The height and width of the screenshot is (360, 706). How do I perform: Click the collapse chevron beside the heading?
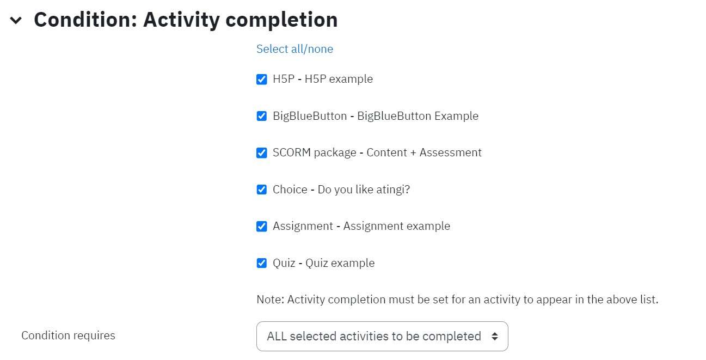(x=16, y=21)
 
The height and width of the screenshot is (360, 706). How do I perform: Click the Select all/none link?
(x=294, y=49)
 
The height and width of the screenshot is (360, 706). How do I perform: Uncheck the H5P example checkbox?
(x=262, y=79)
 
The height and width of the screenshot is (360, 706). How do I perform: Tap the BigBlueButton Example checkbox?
(x=262, y=116)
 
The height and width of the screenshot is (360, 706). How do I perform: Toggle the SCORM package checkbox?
(x=262, y=153)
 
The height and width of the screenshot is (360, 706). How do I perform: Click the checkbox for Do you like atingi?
(x=262, y=190)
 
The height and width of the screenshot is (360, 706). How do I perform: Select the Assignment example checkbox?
(x=262, y=227)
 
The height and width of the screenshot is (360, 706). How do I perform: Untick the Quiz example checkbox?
(x=262, y=263)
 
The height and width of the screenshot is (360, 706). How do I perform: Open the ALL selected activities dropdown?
(x=382, y=337)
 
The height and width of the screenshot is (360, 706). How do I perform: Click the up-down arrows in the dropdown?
(x=495, y=337)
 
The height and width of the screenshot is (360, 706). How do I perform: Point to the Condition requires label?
(x=69, y=335)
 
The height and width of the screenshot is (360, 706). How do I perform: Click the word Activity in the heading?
(x=182, y=20)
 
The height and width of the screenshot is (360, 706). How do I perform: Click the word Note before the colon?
(x=270, y=300)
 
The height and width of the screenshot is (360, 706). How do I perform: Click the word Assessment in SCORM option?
(x=450, y=152)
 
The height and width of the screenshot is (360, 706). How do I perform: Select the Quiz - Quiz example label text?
(x=324, y=263)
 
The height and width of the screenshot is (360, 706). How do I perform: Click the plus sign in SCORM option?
(x=413, y=153)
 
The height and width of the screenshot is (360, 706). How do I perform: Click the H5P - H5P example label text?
(x=323, y=79)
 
